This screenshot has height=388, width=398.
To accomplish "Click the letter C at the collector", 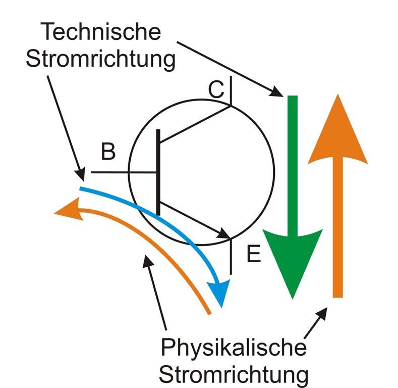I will (x=215, y=89).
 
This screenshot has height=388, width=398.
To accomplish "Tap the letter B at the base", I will (x=108, y=152).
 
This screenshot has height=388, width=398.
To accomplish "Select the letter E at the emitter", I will (x=253, y=254).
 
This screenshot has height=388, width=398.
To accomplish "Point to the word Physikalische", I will (x=234, y=348).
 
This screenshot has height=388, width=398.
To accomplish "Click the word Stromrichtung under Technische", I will (x=101, y=59).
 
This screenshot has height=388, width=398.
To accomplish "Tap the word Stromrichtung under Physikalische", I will (x=234, y=375).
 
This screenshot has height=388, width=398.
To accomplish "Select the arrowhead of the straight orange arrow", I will (x=338, y=131).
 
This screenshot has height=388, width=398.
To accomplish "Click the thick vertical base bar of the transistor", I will (x=158, y=172).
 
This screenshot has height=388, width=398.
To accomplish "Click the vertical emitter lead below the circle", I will (x=231, y=258).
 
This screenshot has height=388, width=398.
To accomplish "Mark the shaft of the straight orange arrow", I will (x=338, y=227).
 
